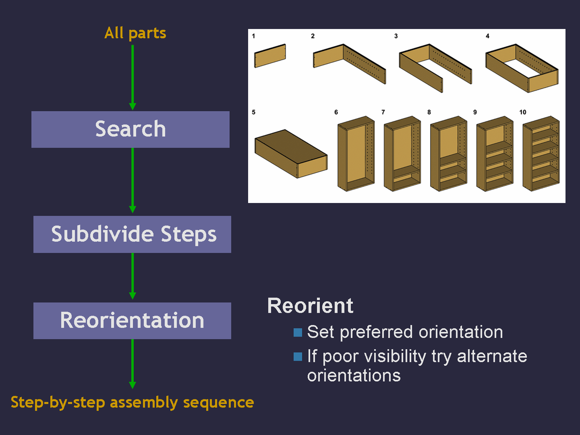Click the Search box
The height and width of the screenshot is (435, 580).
tap(130, 129)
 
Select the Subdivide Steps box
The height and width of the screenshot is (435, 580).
tap(132, 234)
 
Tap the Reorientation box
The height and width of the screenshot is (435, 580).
tap(132, 321)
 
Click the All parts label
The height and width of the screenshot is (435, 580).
tap(135, 33)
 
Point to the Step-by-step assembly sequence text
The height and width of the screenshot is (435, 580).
tap(132, 402)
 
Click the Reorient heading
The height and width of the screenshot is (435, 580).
tap(310, 306)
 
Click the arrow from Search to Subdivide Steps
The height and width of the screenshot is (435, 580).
tap(133, 180)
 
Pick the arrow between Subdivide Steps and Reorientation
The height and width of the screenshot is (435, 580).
tap(133, 275)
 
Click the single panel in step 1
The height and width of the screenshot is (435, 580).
tap(270, 56)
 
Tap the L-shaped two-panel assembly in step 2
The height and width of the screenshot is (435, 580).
tap(350, 63)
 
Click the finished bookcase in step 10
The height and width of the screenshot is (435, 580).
tap(541, 153)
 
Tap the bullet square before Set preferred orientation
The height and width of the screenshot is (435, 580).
tap(298, 332)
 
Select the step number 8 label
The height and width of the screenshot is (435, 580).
tap(429, 112)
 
